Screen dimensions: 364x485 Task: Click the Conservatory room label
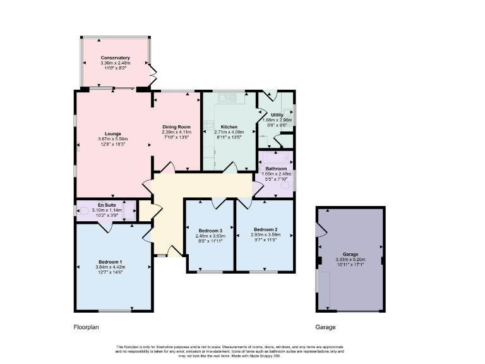[x=115, y=58]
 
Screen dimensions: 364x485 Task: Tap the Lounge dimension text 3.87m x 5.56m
[x=113, y=139]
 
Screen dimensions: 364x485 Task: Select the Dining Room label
[x=176, y=126]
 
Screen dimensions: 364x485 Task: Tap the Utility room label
[x=277, y=114]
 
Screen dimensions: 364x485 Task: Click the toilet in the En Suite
[x=83, y=210]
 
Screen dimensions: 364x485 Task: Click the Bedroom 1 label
[x=110, y=262]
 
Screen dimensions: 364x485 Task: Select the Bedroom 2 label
[x=266, y=229]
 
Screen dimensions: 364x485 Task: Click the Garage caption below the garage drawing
[x=325, y=327]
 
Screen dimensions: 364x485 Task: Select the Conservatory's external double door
[x=152, y=74]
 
